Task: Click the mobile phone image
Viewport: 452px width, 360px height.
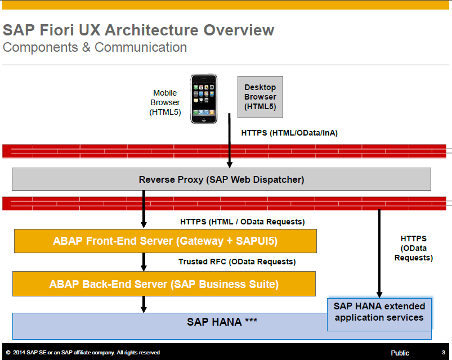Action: coord(203,99)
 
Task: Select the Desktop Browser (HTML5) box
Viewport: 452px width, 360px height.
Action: coord(260,97)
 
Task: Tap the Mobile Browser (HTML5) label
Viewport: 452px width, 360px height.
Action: coord(165,102)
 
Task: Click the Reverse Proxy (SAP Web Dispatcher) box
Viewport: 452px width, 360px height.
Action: coord(221,179)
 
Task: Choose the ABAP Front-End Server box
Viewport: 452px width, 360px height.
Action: coord(165,241)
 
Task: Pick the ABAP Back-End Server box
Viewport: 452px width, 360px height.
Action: coord(164,284)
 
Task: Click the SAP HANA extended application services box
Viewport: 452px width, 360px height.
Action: coord(379,312)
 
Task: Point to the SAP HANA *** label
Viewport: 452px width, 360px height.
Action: coord(222,322)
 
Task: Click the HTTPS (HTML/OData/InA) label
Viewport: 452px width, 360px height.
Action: coord(289,133)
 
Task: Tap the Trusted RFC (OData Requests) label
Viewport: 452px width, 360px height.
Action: coord(237,262)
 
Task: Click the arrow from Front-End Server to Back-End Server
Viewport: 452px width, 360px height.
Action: coord(144,262)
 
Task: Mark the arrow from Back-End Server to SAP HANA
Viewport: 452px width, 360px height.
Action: coord(144,304)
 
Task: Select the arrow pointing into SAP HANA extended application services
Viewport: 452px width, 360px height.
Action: coord(379,253)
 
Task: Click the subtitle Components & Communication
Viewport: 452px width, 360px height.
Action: coord(95,47)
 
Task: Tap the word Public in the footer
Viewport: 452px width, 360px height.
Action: coord(400,353)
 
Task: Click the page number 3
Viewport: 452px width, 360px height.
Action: coord(443,353)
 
